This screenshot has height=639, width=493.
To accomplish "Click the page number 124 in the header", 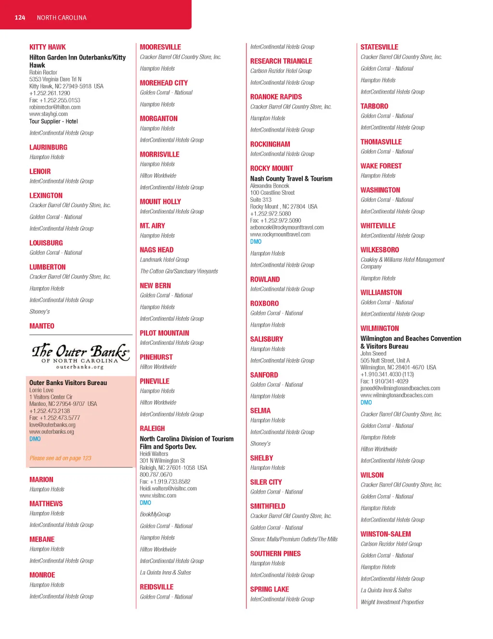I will click(20, 18).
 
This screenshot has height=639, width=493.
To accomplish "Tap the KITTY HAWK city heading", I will click(47, 47).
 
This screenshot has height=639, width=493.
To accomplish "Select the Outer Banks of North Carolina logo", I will click(80, 356).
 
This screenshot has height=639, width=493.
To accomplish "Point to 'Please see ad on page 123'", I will click(60, 458).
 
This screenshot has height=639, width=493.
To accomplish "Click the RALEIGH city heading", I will click(152, 428).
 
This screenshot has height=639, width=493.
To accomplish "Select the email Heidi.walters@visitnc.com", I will click(168, 489).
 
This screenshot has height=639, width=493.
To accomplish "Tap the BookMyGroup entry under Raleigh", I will click(155, 514).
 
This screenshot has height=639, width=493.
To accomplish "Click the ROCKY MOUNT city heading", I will click(272, 168).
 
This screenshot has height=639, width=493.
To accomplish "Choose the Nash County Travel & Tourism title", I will click(291, 179).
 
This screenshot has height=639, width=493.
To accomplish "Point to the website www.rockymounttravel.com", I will click(280, 235).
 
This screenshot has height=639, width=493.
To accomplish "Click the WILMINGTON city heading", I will click(379, 328).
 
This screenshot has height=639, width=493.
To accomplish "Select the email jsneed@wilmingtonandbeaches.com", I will click(400, 388).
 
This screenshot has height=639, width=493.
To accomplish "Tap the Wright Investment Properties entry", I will click(392, 602).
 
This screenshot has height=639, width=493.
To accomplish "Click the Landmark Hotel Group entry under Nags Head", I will click(164, 260).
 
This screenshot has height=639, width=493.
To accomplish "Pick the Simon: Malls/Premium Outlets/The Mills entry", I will click(294, 539).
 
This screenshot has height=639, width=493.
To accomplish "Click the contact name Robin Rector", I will click(43, 73).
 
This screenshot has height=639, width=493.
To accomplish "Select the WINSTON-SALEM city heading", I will click(386, 534).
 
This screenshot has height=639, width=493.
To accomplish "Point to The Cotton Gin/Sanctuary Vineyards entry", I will click(179, 272).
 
